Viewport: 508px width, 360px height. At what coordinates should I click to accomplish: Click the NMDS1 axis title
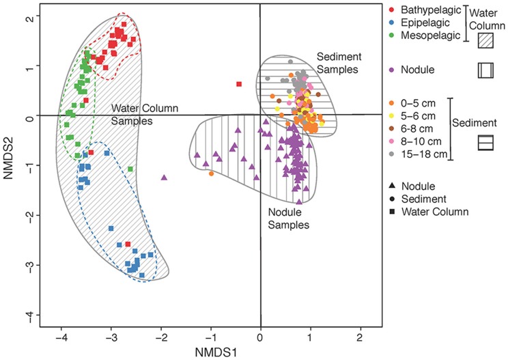point(260,352)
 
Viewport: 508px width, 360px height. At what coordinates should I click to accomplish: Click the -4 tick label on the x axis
point(61,337)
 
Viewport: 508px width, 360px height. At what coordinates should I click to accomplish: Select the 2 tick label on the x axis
point(359,337)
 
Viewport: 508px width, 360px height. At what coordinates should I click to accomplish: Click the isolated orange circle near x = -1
point(212,174)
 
